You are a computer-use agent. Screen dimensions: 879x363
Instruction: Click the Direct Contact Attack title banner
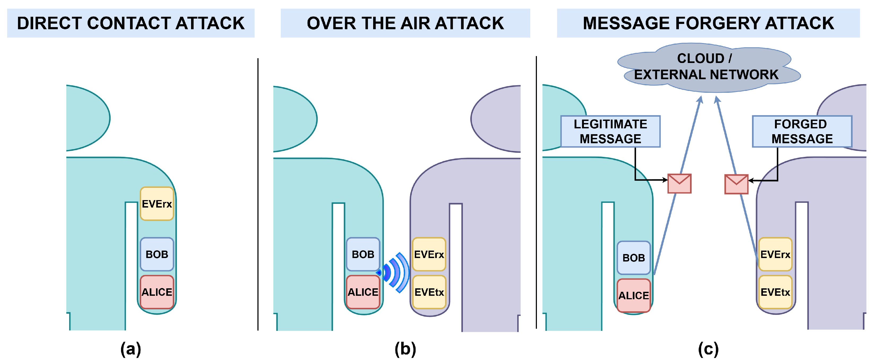(131, 23)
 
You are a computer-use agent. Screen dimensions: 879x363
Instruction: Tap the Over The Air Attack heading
(405, 23)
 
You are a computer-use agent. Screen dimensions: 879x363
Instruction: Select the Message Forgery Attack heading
(708, 23)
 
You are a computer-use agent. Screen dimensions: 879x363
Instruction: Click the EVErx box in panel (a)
(157, 204)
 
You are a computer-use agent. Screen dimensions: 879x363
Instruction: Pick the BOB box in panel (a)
(157, 254)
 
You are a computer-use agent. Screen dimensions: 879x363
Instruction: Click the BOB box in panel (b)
(363, 254)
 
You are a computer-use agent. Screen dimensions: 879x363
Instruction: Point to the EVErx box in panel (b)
(429, 254)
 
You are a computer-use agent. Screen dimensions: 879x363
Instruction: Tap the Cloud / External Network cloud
(709, 67)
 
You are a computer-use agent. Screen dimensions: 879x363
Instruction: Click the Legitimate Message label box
(610, 131)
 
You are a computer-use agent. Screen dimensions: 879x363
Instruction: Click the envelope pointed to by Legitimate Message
(679, 184)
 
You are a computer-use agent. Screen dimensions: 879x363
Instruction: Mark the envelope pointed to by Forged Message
(736, 184)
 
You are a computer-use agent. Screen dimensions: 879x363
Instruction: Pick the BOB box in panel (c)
(634, 258)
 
